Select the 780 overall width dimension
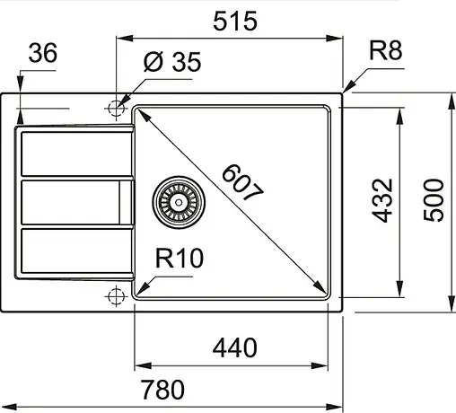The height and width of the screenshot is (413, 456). (x=163, y=390)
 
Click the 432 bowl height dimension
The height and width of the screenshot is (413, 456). (x=384, y=200)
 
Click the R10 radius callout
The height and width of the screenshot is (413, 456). (x=179, y=259)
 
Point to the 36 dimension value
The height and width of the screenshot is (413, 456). (x=41, y=55)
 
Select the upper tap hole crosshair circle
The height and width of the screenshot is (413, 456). (x=116, y=108)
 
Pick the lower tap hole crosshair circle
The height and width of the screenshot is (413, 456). (x=116, y=294)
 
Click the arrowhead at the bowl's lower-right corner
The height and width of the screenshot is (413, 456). (x=321, y=289)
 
